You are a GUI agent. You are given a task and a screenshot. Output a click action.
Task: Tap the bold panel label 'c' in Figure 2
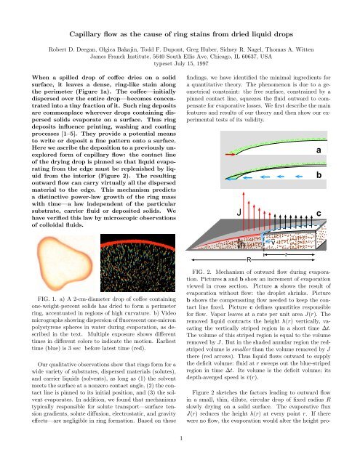coord(340,213)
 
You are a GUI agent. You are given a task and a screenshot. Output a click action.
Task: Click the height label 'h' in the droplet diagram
coord(244,244)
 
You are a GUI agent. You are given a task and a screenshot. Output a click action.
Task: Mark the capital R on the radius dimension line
coord(269,259)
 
